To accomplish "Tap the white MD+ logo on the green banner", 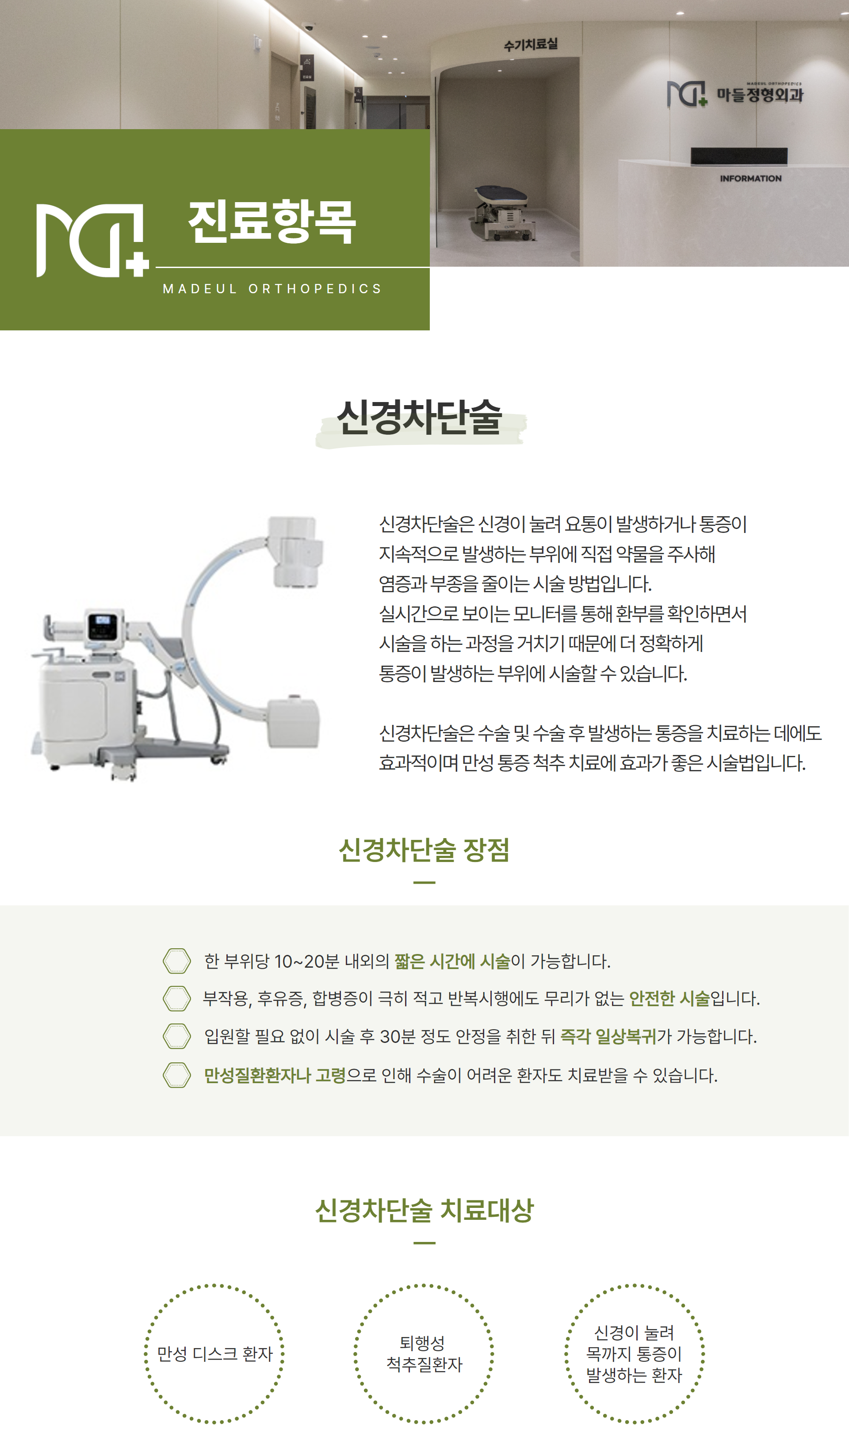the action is point(92,240).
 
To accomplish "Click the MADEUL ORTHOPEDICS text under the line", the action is point(272,289).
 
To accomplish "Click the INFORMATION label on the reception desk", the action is point(750,179).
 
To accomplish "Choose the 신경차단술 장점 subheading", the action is point(424,850).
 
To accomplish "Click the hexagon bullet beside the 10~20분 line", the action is point(177,961).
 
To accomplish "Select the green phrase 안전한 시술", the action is point(669,998).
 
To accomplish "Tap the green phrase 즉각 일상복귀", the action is point(608,1036).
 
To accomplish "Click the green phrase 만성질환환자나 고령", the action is point(275,1075).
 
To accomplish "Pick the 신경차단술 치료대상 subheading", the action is point(424,1211).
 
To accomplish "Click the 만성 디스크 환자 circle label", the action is point(214,1353).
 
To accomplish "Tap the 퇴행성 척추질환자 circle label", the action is point(424,1353).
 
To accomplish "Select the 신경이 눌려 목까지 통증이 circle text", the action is point(634,1343).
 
